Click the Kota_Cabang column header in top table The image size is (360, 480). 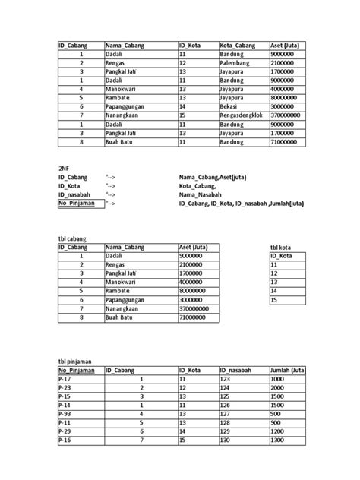238,46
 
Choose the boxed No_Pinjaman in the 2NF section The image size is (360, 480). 80,204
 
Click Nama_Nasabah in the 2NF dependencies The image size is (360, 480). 200,194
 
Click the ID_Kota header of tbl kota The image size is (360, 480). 283,257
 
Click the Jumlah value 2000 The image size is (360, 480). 278,387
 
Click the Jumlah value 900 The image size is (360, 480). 276,423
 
